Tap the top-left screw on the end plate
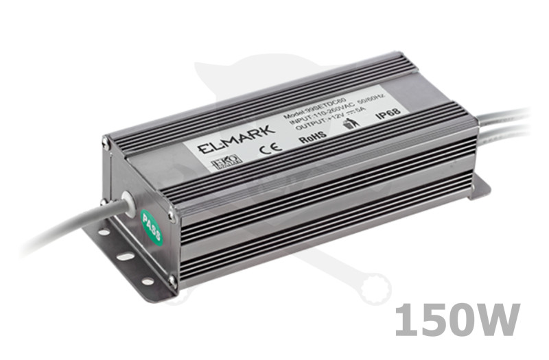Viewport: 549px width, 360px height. click(105, 142)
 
